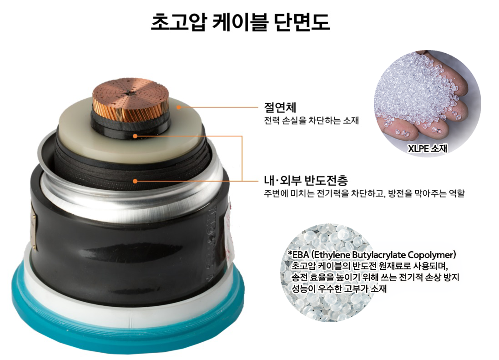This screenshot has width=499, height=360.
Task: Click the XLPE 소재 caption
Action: [x=427, y=148]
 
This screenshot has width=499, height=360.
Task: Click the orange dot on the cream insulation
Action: [x=179, y=107]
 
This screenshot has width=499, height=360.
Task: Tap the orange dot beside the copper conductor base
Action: [x=135, y=136]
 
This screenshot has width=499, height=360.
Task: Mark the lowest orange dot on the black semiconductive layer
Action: [x=135, y=181]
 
